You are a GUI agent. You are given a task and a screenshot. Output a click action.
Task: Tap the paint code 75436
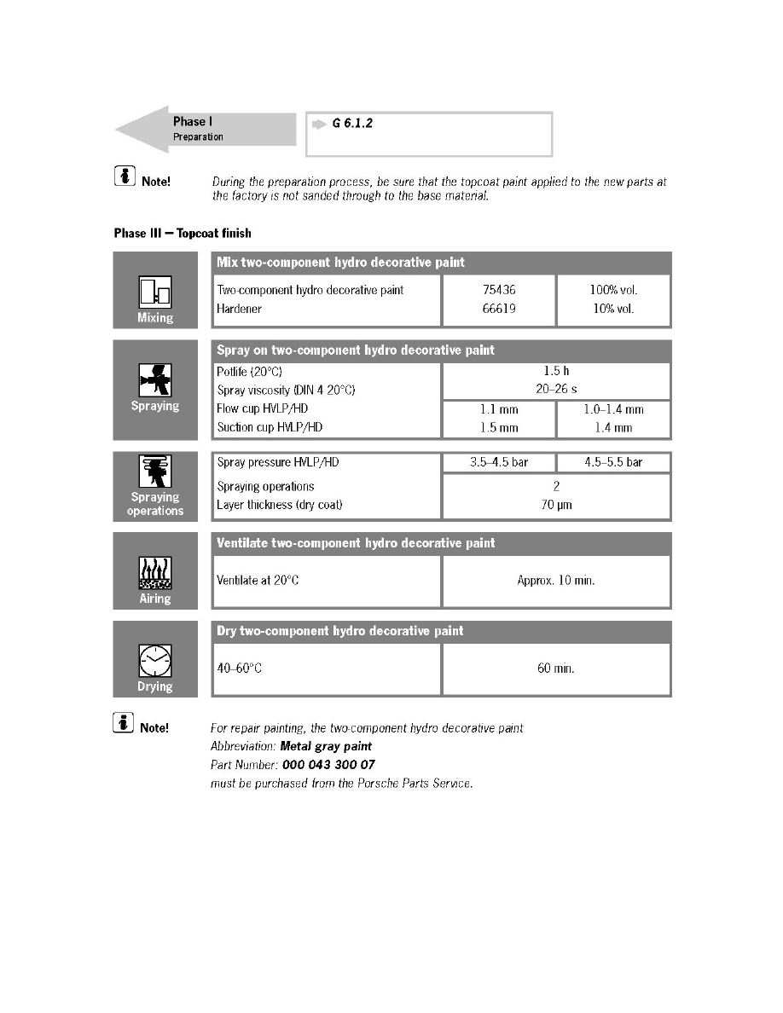pyautogui.click(x=499, y=290)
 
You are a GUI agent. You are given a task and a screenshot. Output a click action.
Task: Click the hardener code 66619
pyautogui.click(x=499, y=309)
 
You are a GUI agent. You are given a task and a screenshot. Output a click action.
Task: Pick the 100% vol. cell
pyautogui.click(x=613, y=290)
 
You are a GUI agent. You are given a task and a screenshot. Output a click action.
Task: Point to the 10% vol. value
pyautogui.click(x=613, y=309)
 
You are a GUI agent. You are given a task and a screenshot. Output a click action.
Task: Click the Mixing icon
pyautogui.click(x=155, y=292)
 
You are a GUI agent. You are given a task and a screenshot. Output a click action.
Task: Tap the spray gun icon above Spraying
pyautogui.click(x=155, y=379)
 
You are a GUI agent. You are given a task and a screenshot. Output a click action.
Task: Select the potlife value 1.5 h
pyautogui.click(x=556, y=372)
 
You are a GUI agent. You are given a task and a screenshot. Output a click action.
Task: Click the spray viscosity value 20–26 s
pyautogui.click(x=556, y=390)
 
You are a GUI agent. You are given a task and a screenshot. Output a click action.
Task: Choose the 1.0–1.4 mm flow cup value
pyautogui.click(x=613, y=409)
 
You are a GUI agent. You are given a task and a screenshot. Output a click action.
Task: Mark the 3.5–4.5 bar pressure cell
pyautogui.click(x=499, y=462)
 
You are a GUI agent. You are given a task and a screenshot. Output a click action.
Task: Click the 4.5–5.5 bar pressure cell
pyautogui.click(x=613, y=462)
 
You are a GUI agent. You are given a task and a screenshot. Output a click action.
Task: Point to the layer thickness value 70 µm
pyautogui.click(x=556, y=505)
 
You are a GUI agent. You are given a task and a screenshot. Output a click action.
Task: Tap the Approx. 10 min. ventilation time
pyautogui.click(x=556, y=581)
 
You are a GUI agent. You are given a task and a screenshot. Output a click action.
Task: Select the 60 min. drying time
pyautogui.click(x=556, y=669)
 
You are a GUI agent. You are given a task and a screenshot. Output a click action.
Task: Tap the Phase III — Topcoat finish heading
pyautogui.click(x=182, y=233)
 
